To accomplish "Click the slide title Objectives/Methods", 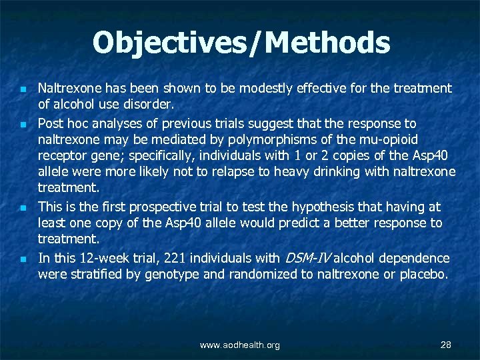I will click(x=241, y=43).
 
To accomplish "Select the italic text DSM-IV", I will click(x=307, y=258).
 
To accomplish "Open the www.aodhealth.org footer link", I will click(x=240, y=345).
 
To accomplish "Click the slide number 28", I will click(x=446, y=345).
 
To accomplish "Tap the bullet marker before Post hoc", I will click(x=23, y=125).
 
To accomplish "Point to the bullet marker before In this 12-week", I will click(x=23, y=259).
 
